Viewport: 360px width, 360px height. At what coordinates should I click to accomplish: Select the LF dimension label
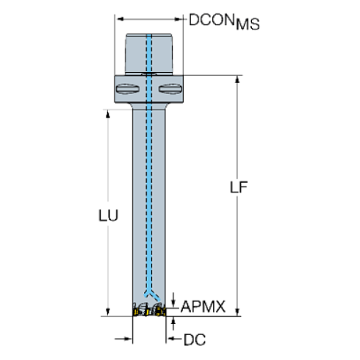[x=237, y=188]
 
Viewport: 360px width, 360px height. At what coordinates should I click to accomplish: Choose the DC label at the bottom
[x=195, y=339]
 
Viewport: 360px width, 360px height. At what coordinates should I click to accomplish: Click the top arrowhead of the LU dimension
[x=108, y=114]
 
